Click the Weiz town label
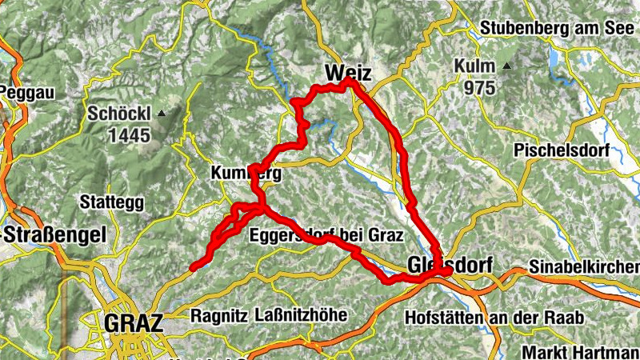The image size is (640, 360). click(x=348, y=74)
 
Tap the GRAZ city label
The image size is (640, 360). click(x=134, y=323)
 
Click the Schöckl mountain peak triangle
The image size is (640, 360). click(x=162, y=114)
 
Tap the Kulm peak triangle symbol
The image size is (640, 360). click(x=506, y=66)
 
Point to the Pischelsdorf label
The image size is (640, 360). click(x=562, y=150)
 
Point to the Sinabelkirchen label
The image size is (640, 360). click(x=585, y=266)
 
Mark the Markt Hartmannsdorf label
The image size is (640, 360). click(x=580, y=351)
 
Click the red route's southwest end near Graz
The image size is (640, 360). click(x=192, y=268)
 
